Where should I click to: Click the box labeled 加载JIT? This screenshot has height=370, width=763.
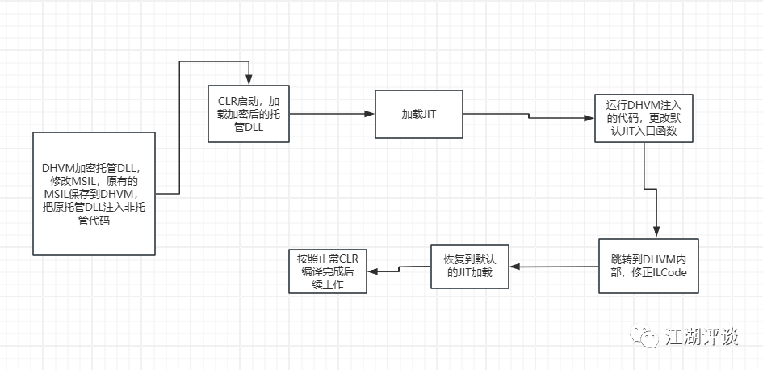pos(419,114)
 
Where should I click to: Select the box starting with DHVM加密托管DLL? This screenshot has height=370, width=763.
pos(94,193)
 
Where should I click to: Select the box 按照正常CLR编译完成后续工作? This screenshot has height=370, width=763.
pos(326,271)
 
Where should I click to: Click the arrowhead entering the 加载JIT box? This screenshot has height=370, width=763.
pos(370,114)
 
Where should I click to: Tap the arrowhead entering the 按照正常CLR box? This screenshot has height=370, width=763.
pos(371,271)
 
